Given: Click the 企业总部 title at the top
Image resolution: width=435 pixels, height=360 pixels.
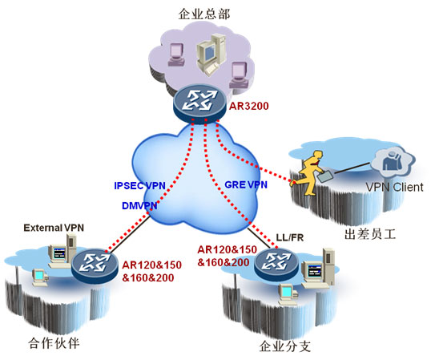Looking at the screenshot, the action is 204,14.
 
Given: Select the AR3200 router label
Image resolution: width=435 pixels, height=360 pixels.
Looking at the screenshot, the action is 249,106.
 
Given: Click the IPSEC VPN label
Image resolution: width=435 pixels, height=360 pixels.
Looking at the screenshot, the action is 140,185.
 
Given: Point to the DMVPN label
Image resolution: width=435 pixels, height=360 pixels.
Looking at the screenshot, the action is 139,206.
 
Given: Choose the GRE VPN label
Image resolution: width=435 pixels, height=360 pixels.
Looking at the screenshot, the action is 246,184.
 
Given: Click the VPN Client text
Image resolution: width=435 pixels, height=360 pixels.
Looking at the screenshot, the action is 394,187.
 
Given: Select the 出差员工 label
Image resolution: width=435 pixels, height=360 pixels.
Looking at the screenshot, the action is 370,234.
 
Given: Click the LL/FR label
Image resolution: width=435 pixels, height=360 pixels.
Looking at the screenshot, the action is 290,237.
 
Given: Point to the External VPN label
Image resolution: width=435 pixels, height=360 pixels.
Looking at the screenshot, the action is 54,228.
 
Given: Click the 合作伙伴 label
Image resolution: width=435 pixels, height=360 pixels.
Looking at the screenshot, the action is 54,343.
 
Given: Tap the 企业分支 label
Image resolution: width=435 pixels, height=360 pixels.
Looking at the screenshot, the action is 285,346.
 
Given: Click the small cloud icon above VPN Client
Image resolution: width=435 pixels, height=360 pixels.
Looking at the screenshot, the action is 393,162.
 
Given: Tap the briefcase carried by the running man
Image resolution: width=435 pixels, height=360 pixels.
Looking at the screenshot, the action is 326,176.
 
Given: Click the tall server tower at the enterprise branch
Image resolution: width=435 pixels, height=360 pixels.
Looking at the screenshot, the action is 328,266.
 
